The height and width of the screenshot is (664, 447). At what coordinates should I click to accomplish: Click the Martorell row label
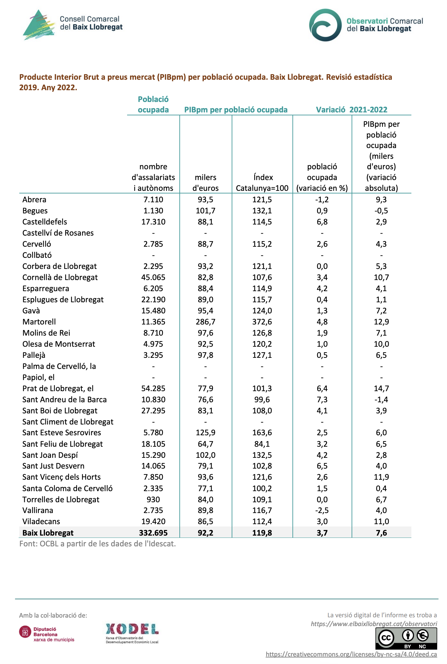(39, 322)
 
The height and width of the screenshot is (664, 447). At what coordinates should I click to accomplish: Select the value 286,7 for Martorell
(206, 322)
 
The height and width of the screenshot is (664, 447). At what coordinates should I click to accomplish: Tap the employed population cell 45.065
(153, 277)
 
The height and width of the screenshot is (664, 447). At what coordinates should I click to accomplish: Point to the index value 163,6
(262, 433)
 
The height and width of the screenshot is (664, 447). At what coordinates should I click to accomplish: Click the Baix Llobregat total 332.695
(153, 533)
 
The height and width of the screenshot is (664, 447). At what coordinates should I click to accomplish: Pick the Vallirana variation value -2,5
(322, 510)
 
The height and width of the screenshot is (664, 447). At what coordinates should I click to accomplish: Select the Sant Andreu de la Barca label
(64, 400)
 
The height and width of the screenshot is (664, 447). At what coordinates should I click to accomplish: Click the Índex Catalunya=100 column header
(262, 183)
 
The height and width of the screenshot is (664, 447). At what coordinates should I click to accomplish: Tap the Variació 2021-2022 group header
(352, 110)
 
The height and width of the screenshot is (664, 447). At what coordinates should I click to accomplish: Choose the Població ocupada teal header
(153, 105)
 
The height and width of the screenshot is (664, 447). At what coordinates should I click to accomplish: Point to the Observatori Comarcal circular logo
(325, 25)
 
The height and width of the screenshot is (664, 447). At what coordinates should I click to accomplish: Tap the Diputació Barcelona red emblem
(25, 632)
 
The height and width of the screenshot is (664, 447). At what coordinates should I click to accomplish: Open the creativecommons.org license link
(351, 654)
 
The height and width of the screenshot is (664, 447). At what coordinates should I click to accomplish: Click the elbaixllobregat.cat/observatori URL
(374, 624)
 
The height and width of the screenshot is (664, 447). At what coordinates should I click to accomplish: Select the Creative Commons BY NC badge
(406, 639)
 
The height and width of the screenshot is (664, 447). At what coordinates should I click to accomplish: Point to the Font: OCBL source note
(97, 544)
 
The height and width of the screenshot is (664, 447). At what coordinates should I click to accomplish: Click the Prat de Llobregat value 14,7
(381, 389)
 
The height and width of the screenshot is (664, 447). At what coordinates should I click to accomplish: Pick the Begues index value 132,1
(262, 211)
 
